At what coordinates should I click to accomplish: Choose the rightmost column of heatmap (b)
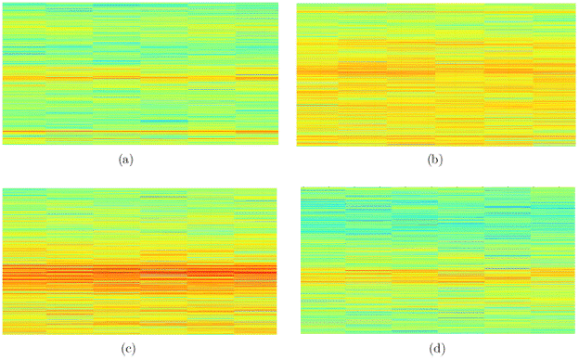554,74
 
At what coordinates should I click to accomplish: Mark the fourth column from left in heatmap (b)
459,74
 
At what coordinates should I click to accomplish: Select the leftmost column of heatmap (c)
25,261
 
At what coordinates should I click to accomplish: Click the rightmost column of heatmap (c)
256,261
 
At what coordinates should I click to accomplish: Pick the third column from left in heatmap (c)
117,261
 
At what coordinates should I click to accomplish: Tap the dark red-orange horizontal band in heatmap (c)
139,273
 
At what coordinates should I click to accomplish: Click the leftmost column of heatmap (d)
324,261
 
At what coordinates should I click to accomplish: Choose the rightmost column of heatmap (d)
554,261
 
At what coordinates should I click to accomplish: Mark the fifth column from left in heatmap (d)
508,261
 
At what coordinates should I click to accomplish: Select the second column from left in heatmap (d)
369,261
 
